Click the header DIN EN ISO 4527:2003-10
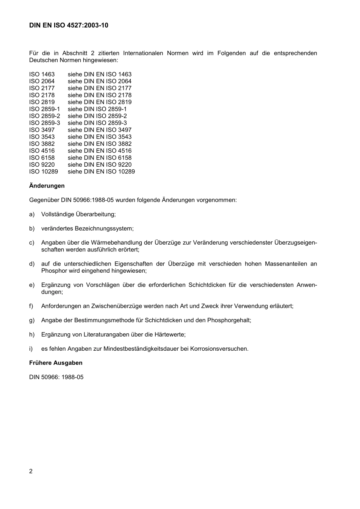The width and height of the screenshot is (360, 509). (x=69, y=25)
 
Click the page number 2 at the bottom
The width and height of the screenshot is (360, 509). (x=31, y=471)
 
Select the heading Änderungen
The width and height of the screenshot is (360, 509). (x=47, y=186)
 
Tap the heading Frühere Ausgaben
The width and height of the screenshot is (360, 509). (x=56, y=362)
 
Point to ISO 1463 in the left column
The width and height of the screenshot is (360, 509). (x=42, y=74)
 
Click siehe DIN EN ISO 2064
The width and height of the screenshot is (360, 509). (x=100, y=81)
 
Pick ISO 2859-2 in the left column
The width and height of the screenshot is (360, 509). (x=45, y=116)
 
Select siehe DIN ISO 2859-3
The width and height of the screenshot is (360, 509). (x=97, y=123)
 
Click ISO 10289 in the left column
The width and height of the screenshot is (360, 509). (x=44, y=172)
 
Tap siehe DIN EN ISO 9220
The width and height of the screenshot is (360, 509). (x=100, y=164)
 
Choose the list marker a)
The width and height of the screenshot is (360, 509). (x=32, y=214)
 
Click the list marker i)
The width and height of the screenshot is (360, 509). (x=31, y=348)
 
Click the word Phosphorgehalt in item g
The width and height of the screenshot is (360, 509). (x=229, y=320)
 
